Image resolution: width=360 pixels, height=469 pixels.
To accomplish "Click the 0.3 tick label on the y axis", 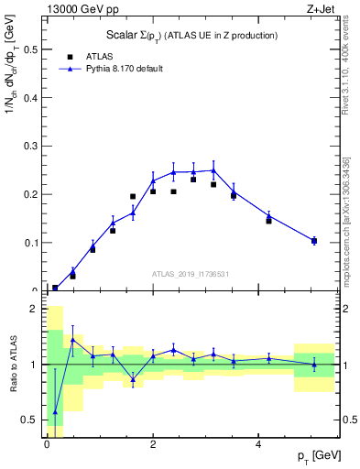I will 30,146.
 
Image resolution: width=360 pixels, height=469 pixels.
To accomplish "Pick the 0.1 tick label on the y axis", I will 30,243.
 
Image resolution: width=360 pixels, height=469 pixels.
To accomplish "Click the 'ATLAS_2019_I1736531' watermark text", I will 191,273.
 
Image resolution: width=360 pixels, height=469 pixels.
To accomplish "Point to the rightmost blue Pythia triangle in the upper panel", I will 314,240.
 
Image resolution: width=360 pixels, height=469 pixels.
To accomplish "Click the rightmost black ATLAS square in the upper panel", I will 314,241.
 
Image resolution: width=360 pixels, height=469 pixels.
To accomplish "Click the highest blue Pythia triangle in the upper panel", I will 213,169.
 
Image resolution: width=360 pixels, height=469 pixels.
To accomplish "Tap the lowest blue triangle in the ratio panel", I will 55,412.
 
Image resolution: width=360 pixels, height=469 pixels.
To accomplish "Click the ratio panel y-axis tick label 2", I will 35,309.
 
